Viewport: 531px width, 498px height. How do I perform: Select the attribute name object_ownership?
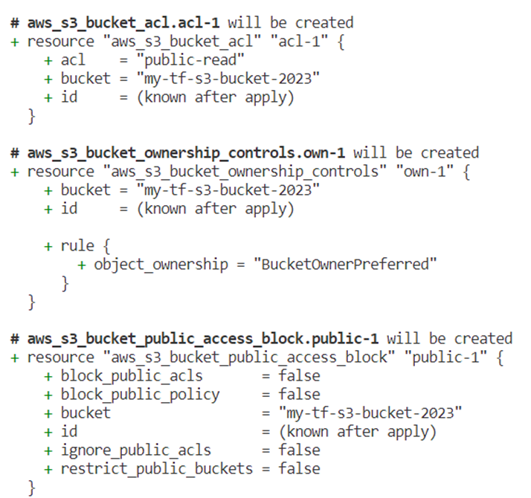click(x=161, y=265)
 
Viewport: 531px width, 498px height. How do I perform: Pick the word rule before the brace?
click(x=77, y=246)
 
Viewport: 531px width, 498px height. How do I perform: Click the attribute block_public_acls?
click(x=132, y=376)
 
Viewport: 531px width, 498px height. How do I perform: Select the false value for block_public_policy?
click(x=300, y=395)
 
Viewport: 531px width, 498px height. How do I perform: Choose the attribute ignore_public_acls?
click(x=136, y=450)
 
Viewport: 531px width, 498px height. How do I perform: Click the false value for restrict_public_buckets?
click(x=300, y=469)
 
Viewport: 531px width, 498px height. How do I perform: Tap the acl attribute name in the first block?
click(x=73, y=60)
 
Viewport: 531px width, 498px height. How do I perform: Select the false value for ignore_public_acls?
click(x=300, y=450)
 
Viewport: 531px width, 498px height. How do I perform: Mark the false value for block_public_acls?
click(x=300, y=376)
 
